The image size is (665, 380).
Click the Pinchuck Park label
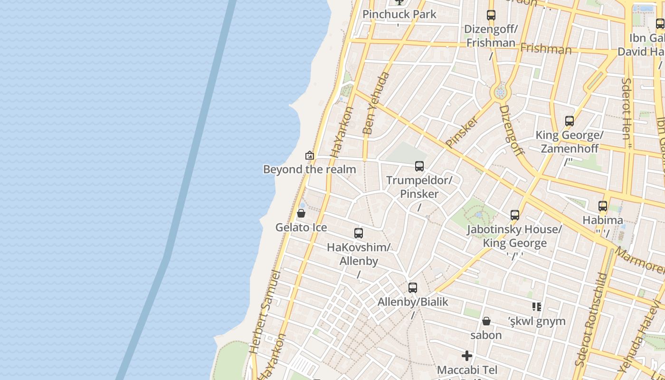pyautogui.click(x=399, y=14)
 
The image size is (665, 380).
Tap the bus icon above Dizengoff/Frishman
pyautogui.click(x=491, y=15)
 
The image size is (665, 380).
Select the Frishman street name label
pyautogui.click(x=546, y=48)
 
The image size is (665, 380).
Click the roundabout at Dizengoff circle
pyautogui.click(x=500, y=92)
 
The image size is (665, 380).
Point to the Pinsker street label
pyautogui.click(x=462, y=131)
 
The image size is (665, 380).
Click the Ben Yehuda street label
pyautogui.click(x=376, y=103)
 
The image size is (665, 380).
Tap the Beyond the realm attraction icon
pyautogui.click(x=310, y=155)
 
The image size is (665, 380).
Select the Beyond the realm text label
pyautogui.click(x=309, y=169)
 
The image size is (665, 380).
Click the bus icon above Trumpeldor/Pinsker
pyautogui.click(x=419, y=166)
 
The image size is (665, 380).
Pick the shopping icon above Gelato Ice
pyautogui.click(x=301, y=213)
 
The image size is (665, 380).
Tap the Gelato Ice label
pyautogui.click(x=301, y=228)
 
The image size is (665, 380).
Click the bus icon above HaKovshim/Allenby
pyautogui.click(x=359, y=233)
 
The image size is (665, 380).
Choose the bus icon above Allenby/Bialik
pyautogui.click(x=413, y=288)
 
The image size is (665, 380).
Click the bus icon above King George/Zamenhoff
pyautogui.click(x=570, y=121)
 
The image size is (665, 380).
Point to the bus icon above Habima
pyautogui.click(x=603, y=206)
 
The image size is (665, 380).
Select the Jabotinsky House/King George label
pyautogui.click(x=514, y=236)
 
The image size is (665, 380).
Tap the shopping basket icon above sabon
pyautogui.click(x=486, y=321)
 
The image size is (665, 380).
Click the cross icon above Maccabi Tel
pyautogui.click(x=467, y=356)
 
